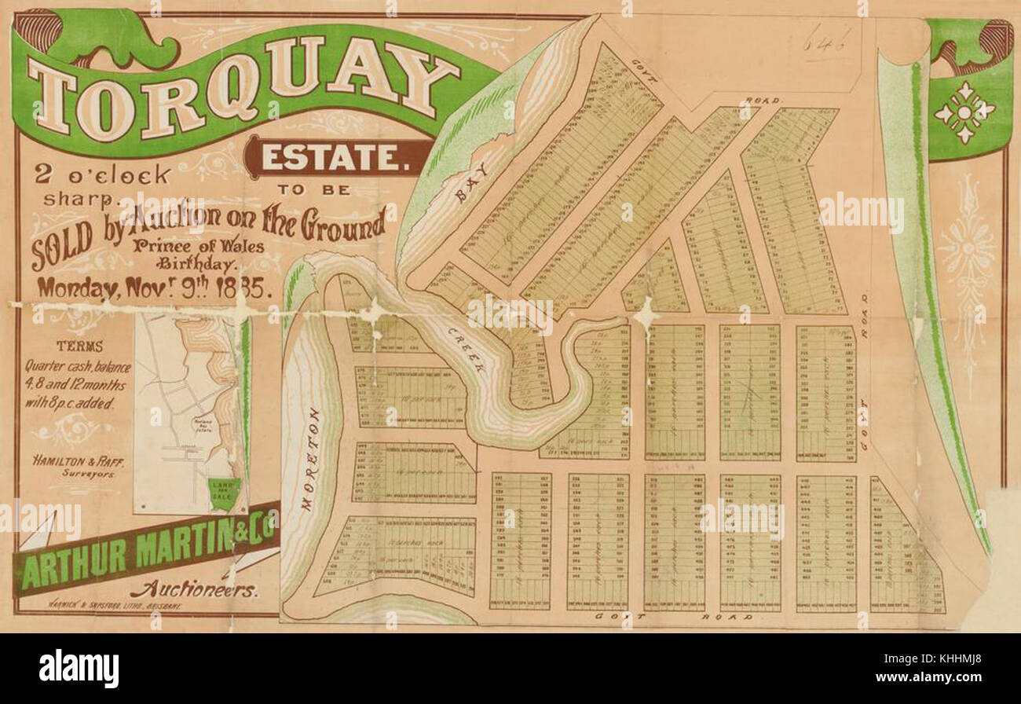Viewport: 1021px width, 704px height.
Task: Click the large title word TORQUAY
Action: tap(243, 86)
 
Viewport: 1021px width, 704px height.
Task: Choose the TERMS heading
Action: tap(79, 346)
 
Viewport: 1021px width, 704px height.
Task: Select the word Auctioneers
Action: tap(194, 590)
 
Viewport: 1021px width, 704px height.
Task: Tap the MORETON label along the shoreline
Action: tap(309, 460)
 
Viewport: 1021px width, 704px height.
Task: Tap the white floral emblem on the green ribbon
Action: tap(964, 112)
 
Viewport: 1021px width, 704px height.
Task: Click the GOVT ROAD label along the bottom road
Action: tap(675, 618)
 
